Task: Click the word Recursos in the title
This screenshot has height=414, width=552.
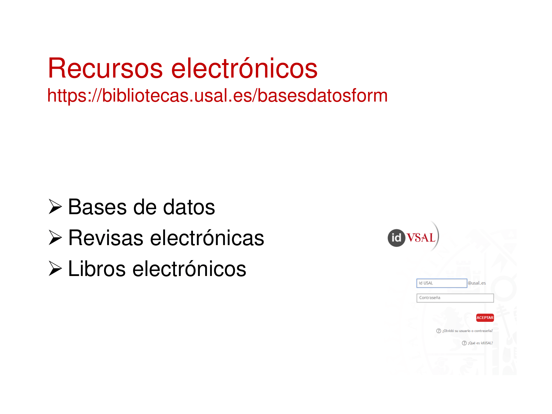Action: pos(105,68)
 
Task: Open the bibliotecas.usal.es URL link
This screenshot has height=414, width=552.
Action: pos(217,95)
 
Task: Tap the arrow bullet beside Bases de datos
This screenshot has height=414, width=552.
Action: pos(55,207)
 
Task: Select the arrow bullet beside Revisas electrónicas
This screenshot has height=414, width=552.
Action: pos(55,238)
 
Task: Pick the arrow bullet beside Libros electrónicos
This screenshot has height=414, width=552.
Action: pos(55,269)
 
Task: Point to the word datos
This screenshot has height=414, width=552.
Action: pos(189,207)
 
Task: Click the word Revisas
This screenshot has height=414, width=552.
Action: pos(106,238)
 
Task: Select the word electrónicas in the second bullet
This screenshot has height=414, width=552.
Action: pos(207,238)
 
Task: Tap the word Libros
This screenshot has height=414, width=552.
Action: pos(97,269)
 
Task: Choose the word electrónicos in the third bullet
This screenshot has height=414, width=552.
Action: pos(189,269)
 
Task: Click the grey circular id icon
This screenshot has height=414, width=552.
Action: pos(396,238)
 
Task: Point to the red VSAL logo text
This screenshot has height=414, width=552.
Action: pos(421,238)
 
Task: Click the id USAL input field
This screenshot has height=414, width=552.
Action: pos(442,283)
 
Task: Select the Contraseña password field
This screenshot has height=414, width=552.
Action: pos(455,298)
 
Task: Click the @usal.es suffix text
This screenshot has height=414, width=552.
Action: pos(477,283)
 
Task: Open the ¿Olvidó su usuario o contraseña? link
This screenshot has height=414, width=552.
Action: pos(465,331)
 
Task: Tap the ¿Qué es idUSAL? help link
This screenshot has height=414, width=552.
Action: pos(477,343)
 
